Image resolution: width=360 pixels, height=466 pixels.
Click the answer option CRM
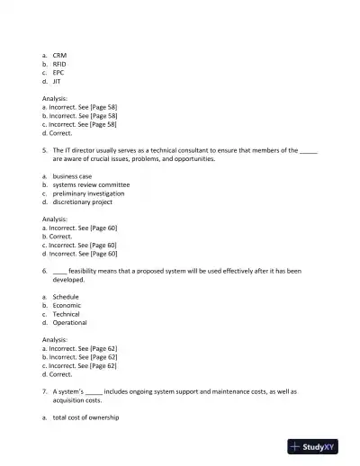coord(59,55)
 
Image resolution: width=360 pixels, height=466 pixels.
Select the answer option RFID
coord(59,64)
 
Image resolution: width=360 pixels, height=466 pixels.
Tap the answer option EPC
coord(58,73)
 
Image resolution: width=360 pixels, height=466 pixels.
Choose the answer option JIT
coord(57,81)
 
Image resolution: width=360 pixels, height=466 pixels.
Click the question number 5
coord(44,150)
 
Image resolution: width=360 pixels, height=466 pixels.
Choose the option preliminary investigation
coord(88,193)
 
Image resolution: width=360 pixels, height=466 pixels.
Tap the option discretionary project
coord(82,202)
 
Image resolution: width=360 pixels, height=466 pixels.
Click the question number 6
coord(44,271)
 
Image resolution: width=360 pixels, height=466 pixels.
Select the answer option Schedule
coord(66,297)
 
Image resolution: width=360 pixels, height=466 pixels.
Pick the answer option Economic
coord(67,305)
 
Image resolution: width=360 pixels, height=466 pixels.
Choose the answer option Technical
coord(66,314)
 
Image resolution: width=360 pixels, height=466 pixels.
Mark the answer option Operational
coord(69,322)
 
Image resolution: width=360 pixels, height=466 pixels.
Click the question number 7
coord(44,391)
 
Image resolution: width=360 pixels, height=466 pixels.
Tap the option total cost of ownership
coord(85,417)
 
